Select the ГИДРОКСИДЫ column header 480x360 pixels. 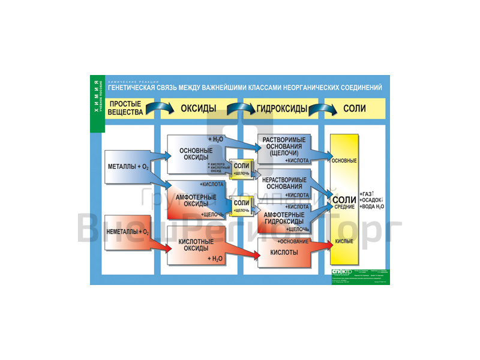tap(282, 109)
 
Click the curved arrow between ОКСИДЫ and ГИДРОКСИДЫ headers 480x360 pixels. tap(239, 108)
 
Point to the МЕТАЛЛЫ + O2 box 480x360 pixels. tap(128, 166)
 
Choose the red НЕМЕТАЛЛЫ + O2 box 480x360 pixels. tap(127, 231)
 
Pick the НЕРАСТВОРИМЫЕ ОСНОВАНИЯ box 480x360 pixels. tap(284, 182)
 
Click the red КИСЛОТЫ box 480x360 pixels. tap(284, 253)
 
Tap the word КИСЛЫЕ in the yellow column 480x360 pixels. tap(344, 242)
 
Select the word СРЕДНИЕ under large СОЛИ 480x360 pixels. tap(344, 207)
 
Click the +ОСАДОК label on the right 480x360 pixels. tap(372, 200)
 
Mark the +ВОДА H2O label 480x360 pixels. tap(372, 206)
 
